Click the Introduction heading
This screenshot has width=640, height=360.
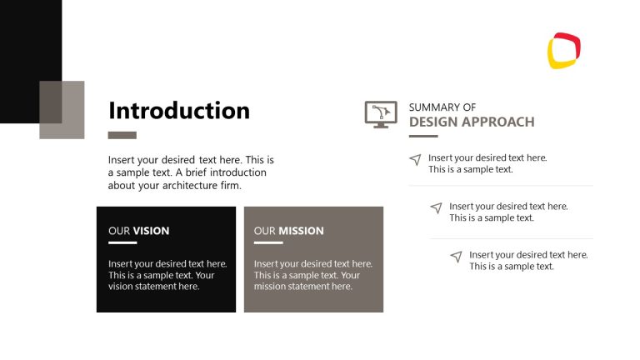click(x=179, y=111)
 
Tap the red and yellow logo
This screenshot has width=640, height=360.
click(x=564, y=50)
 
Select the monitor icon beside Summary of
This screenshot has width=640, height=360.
click(x=381, y=114)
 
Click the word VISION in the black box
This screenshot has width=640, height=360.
click(x=151, y=231)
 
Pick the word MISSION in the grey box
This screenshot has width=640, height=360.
click(x=301, y=231)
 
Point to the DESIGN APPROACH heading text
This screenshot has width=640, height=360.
click(x=472, y=122)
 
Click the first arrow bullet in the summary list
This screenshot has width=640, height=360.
click(x=415, y=159)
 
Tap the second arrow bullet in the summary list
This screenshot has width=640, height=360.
click(x=436, y=207)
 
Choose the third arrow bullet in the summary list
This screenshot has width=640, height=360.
click(x=456, y=257)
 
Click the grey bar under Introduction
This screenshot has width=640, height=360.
click(x=122, y=135)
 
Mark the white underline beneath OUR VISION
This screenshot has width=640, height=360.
click(x=122, y=242)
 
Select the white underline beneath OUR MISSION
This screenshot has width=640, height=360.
click(x=268, y=242)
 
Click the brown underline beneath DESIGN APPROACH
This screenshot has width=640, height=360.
click(x=423, y=135)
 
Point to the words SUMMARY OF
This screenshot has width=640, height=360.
click(x=442, y=107)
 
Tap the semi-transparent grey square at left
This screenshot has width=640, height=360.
click(x=62, y=109)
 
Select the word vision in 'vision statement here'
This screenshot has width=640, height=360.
click(x=122, y=287)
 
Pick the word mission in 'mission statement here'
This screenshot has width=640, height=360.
click(x=272, y=287)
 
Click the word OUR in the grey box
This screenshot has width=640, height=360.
click(x=264, y=231)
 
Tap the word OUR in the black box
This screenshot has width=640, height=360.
click(x=119, y=231)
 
